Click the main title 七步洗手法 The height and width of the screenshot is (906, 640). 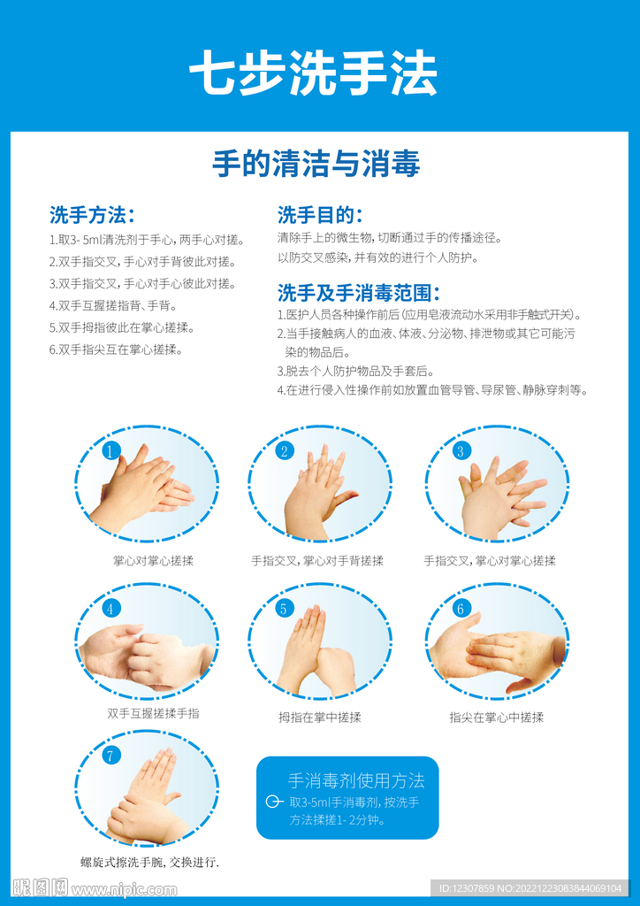click(313, 74)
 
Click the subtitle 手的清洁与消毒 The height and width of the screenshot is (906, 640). click(316, 164)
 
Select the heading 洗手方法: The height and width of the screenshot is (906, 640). click(92, 215)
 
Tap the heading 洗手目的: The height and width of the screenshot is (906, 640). click(320, 215)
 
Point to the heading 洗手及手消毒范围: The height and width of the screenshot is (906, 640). click(358, 293)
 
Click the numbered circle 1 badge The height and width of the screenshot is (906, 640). click(110, 450)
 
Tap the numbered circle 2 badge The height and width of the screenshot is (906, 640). click(284, 450)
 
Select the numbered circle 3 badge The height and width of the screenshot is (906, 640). click(460, 450)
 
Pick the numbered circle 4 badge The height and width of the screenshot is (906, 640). click(110, 608)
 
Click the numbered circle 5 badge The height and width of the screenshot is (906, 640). click(284, 608)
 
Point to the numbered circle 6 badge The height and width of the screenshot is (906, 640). click(460, 608)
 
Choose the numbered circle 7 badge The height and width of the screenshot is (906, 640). click(110, 756)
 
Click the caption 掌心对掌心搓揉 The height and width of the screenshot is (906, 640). click(153, 560)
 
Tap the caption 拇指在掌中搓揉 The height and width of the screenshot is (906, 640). click(320, 718)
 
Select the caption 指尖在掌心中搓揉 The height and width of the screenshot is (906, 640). click(496, 718)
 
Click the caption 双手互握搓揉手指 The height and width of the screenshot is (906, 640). click(153, 714)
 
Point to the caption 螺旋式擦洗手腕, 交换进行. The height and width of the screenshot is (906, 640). click(149, 863)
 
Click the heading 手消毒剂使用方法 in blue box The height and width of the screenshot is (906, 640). click(356, 780)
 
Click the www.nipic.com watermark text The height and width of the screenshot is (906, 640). click(124, 890)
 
